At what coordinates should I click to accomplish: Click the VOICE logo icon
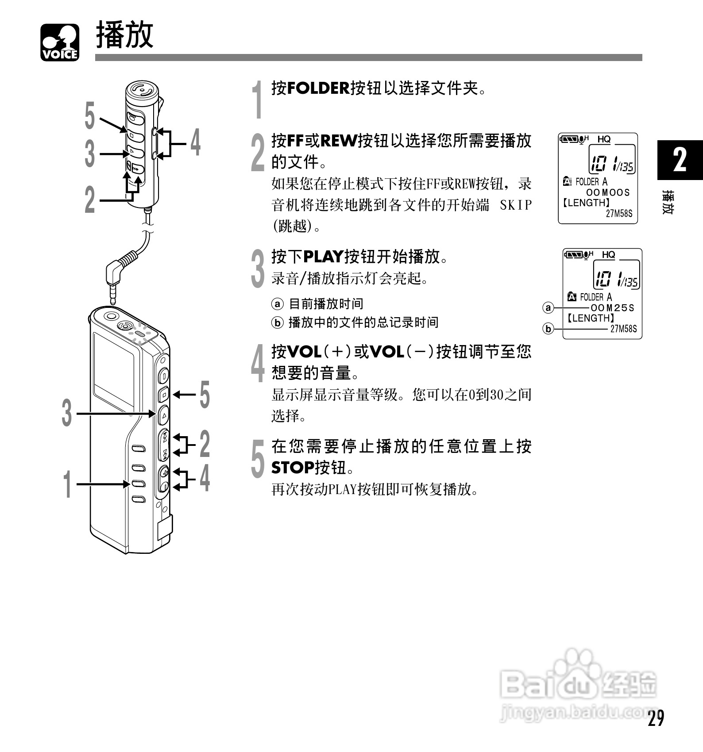pos(60,42)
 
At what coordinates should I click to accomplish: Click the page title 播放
pos(125,35)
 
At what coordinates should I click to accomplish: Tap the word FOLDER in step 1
pos(318,88)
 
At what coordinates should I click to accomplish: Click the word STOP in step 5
pos(293,468)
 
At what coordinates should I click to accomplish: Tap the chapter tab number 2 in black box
pos(680,160)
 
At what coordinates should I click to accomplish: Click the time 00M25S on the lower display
pos(612,308)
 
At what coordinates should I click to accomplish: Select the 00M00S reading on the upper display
pos(608,192)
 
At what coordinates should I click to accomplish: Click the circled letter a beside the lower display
pos(548,308)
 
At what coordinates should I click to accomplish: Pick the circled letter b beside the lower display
pos(548,329)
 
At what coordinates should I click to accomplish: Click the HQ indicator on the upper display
pos(604,139)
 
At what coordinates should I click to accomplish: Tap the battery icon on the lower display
pos(574,254)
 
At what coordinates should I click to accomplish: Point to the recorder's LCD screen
pos(114,369)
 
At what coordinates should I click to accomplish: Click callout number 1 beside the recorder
pos(67,484)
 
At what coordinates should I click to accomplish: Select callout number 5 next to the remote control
pos(90,116)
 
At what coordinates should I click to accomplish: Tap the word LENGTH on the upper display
pos(586,203)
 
